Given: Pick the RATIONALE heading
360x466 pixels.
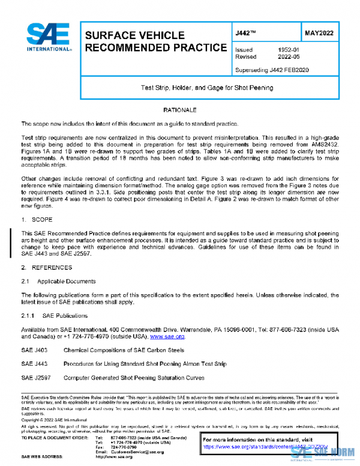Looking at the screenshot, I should pos(179,110).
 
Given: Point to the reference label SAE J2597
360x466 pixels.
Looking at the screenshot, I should pos(35,378).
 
